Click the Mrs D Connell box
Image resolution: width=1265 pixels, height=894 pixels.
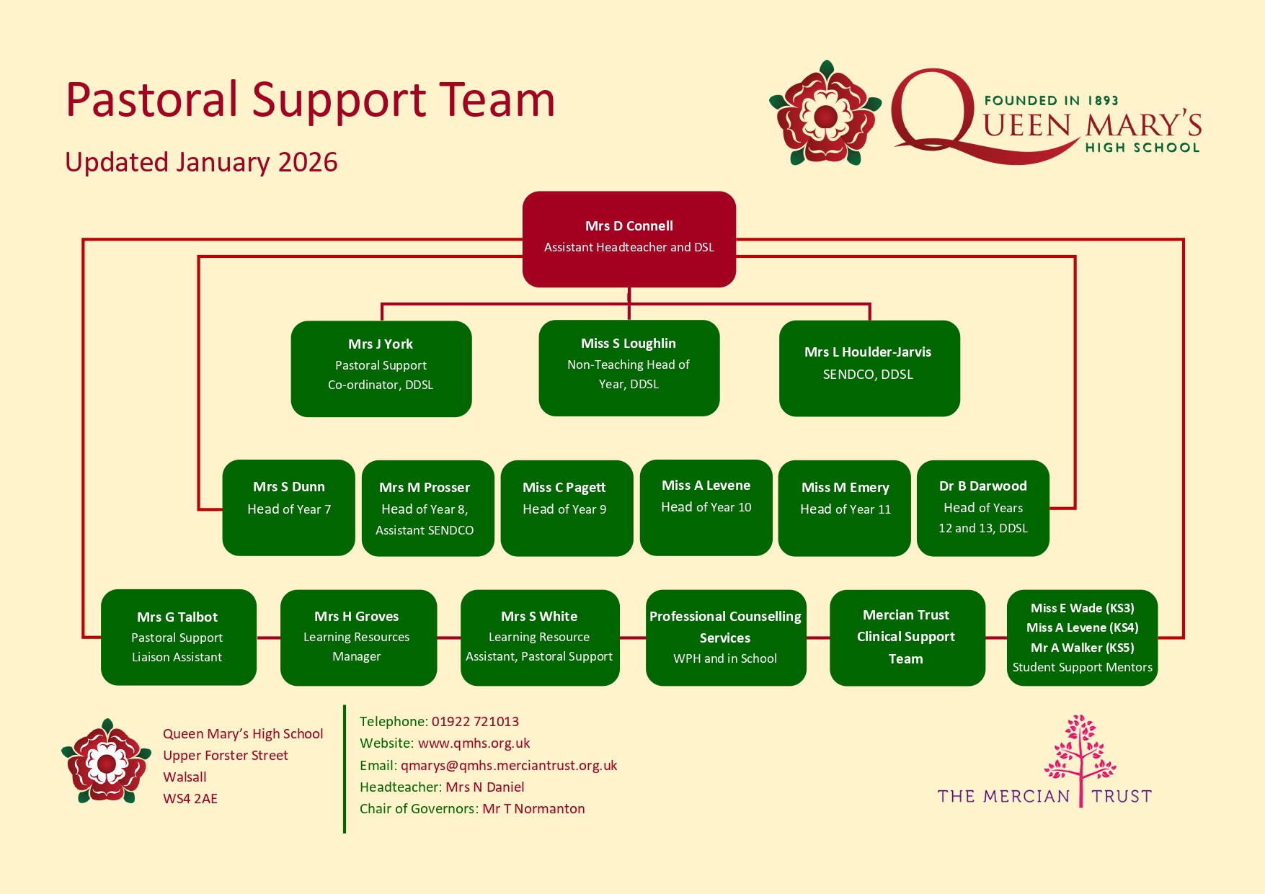tap(629, 238)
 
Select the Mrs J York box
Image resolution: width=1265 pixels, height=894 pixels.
tap(381, 368)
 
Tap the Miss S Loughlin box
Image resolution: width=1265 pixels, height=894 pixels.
tap(629, 367)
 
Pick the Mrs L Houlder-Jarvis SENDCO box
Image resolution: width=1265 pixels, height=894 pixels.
tap(869, 368)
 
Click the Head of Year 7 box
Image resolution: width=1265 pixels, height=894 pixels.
tap(288, 507)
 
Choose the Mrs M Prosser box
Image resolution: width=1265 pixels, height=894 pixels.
tap(427, 508)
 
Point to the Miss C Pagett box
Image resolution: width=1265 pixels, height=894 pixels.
tap(567, 508)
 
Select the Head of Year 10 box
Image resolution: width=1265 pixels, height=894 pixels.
tap(706, 507)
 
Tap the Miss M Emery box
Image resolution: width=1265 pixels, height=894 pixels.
tap(844, 508)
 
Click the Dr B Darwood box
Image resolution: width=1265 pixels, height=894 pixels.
tap(982, 508)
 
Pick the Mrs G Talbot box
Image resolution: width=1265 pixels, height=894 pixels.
tap(178, 637)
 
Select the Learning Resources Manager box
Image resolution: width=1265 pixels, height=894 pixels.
tap(358, 637)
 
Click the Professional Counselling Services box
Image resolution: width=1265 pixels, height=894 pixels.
tap(725, 637)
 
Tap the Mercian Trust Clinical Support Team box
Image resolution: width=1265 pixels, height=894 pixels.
tap(907, 637)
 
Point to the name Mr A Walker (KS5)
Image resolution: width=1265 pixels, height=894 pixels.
tap(1082, 648)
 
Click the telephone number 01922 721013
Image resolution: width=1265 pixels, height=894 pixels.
tap(475, 722)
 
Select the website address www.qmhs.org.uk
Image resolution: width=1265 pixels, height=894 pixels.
tap(474, 743)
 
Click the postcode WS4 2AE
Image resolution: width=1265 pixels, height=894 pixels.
tap(190, 799)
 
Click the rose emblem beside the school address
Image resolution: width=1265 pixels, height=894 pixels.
tap(107, 761)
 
